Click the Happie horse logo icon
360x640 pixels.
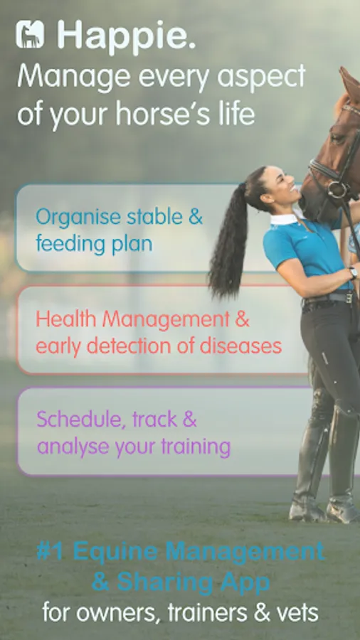[30, 34]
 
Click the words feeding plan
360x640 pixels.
[94, 245]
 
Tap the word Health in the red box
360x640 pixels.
[67, 319]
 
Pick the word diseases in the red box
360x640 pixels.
[240, 346]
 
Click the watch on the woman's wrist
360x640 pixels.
[353, 272]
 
